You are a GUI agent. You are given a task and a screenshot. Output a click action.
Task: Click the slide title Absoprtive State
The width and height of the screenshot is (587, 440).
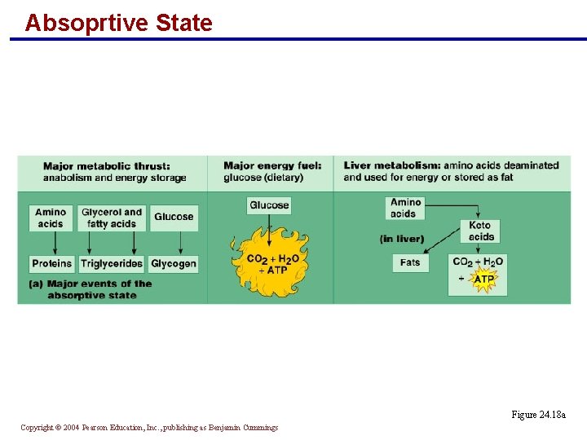[118, 23]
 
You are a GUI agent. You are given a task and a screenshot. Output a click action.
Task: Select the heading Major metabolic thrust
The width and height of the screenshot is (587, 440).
[107, 166]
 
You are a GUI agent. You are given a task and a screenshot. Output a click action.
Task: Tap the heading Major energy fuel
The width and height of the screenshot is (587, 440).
[272, 166]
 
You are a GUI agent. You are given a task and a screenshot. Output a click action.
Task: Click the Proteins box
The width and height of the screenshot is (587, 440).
[52, 264]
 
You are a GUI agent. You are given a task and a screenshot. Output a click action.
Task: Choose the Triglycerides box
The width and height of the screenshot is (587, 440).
[112, 264]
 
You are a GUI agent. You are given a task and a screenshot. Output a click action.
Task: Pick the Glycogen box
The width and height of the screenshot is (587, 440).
[174, 264]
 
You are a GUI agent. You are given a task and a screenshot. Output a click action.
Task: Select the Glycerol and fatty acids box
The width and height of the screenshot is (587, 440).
[112, 218]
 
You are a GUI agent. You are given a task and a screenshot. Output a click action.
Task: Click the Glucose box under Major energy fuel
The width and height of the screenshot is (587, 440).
[269, 205]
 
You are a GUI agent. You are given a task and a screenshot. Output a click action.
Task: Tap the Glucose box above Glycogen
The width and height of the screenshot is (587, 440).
[174, 217]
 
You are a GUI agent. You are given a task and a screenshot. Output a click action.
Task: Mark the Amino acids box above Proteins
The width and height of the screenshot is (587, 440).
[51, 218]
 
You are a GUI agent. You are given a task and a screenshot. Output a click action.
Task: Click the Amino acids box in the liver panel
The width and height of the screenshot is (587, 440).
[405, 208]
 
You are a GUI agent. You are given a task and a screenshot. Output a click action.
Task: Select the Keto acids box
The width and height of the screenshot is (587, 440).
[481, 231]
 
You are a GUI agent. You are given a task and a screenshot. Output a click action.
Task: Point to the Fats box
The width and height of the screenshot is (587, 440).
[410, 262]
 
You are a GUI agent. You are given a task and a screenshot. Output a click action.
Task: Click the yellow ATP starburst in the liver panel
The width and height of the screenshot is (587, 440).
[483, 279]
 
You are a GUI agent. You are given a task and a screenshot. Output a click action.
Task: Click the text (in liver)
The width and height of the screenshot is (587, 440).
[402, 239]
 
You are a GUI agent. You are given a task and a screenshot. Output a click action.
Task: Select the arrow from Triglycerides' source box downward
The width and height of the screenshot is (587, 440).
[112, 243]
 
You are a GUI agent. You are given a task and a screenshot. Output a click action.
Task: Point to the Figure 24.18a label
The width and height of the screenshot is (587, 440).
[538, 415]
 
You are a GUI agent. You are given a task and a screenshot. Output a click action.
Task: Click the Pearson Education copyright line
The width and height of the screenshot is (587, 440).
[149, 428]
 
